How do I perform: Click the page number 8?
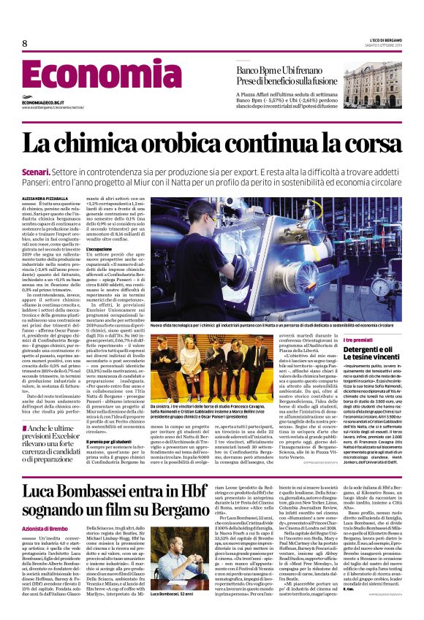point(25,44)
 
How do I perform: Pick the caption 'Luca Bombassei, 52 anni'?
point(172,613)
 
